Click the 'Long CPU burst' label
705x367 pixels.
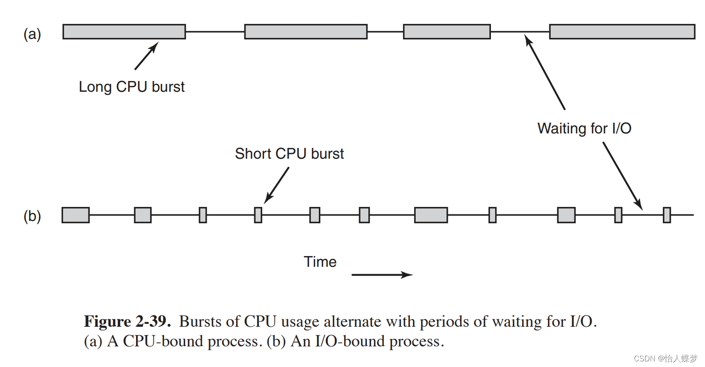point(131,87)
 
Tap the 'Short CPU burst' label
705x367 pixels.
point(289,154)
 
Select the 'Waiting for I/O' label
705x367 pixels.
point(584,128)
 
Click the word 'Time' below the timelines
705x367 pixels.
point(320,262)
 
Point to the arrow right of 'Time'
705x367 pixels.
point(382,275)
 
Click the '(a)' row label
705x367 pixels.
point(32,35)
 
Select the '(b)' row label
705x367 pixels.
point(32,217)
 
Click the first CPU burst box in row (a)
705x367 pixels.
point(124,31)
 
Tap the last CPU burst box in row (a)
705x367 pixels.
point(622,31)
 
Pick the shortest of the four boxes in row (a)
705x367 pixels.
point(446,31)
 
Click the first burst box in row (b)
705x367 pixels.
point(75,215)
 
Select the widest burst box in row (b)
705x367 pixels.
point(431,215)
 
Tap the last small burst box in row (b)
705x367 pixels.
point(667,215)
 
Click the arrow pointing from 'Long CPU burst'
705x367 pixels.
point(146,56)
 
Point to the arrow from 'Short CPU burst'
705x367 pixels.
point(276,185)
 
